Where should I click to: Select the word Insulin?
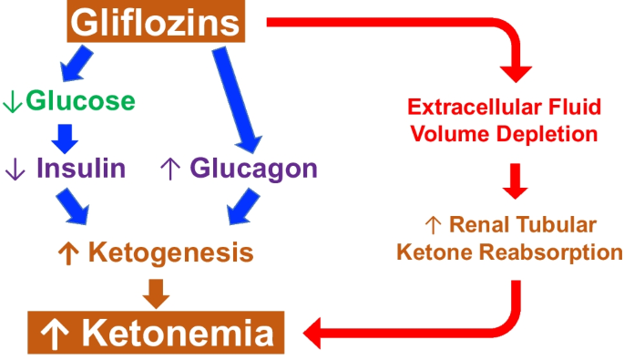[x=81, y=168]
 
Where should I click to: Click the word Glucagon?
[x=253, y=168]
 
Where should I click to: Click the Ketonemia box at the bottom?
[x=156, y=334]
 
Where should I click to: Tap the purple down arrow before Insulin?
[x=14, y=169]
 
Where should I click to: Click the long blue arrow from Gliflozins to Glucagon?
[x=233, y=98]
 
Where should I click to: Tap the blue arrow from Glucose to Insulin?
[x=63, y=135]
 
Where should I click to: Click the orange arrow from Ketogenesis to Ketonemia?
[x=157, y=292]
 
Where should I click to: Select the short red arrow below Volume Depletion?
[x=517, y=180]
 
